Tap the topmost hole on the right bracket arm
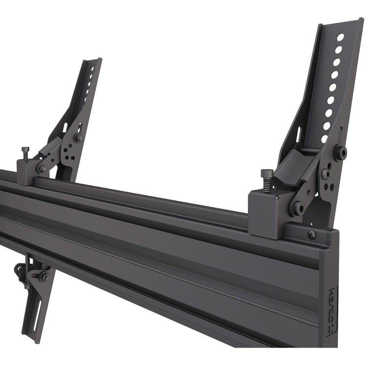(x=340, y=37)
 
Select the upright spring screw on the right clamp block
(x=266, y=180)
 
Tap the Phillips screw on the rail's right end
(x=311, y=234)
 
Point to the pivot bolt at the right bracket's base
(x=296, y=208)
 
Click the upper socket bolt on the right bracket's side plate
(x=340, y=152)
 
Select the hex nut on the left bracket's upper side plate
(x=77, y=138)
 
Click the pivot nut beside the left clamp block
(x=42, y=168)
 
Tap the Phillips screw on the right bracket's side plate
(x=325, y=173)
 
